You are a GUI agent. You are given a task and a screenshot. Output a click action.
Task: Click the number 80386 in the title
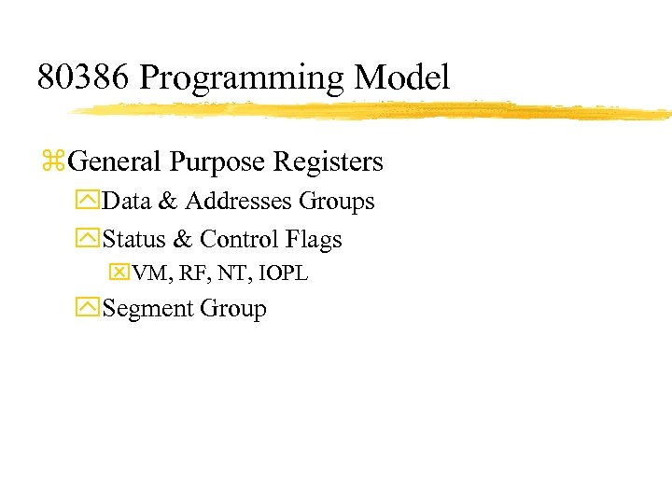pos(83,77)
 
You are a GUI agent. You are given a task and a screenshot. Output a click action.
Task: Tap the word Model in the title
pos(409,77)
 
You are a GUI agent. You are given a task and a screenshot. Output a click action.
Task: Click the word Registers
pos(329,162)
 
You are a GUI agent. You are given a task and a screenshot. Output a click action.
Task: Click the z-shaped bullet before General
pos(52,162)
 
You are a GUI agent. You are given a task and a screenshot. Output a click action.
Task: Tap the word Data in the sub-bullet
pos(126,202)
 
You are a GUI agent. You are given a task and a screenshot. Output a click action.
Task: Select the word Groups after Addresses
pos(337,203)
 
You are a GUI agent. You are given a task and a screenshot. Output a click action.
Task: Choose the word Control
pos(238,240)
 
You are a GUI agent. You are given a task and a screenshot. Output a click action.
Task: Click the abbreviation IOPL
pos(284,273)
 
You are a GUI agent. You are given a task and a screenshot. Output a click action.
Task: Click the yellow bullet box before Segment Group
pos(91,309)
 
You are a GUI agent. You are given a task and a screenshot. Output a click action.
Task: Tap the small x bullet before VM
pos(120,273)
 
